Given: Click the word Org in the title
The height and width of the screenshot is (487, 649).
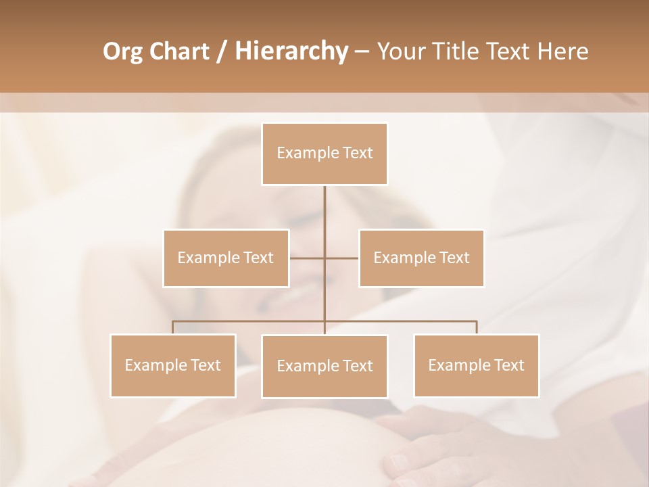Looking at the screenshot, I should click(x=122, y=51).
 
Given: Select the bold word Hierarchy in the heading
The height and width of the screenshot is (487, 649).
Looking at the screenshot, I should click(x=291, y=51).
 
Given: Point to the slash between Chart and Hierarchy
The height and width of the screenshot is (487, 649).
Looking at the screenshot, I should click(x=222, y=51).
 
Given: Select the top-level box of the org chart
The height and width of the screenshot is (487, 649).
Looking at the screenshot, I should click(x=324, y=154).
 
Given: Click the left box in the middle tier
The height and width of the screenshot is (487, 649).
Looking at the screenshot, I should click(x=226, y=258).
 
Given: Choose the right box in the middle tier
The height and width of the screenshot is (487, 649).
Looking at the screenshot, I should click(x=421, y=258).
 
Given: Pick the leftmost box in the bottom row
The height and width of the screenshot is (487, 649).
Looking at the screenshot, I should click(x=172, y=365).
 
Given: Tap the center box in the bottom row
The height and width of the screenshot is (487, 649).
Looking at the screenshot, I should click(x=324, y=366).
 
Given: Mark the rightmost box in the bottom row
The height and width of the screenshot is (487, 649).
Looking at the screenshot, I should click(x=476, y=365).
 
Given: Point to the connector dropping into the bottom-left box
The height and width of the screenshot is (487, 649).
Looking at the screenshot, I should click(x=172, y=327).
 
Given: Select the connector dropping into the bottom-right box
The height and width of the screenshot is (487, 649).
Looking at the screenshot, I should click(x=477, y=327).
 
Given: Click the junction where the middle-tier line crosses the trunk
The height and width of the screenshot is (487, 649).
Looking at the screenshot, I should click(x=324, y=258).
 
